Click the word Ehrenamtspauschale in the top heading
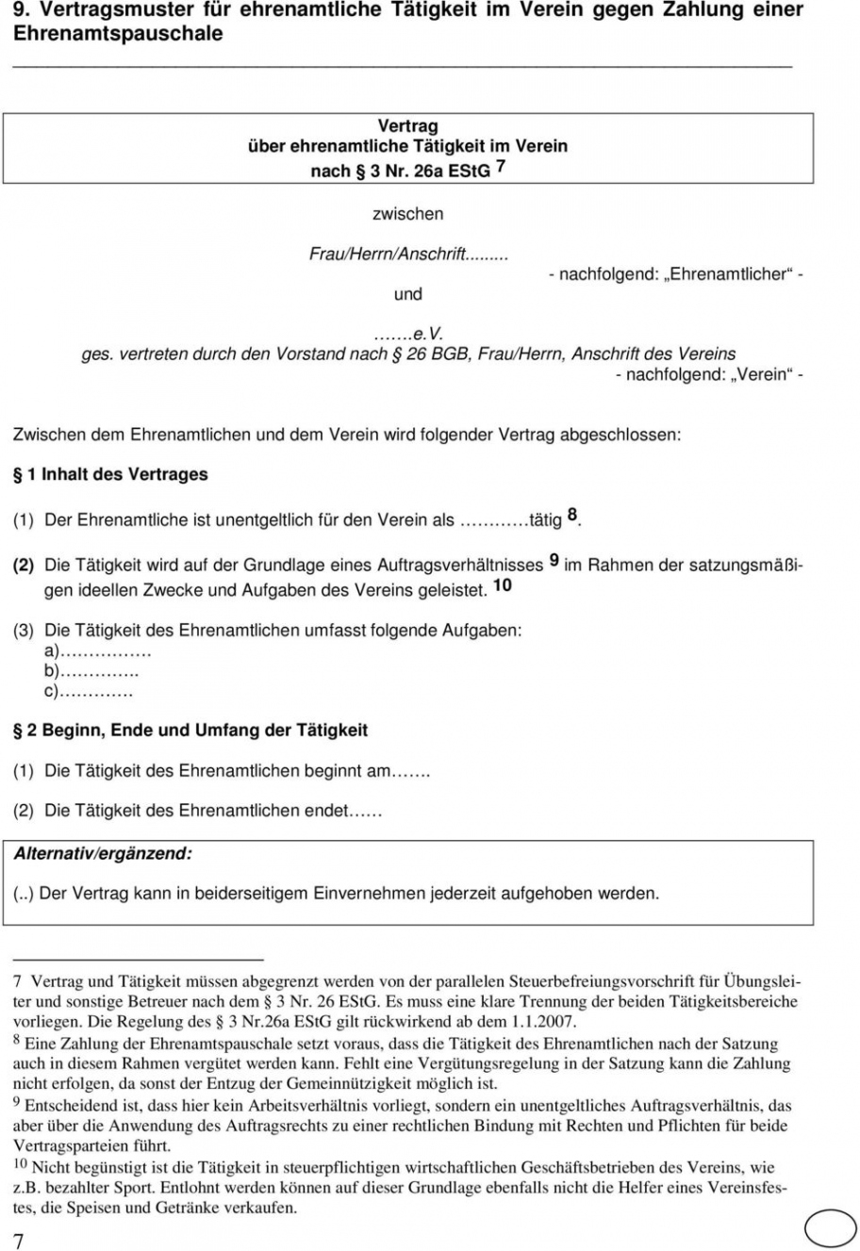click(118, 34)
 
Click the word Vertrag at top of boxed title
click(407, 125)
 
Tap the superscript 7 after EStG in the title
click(501, 167)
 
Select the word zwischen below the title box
click(407, 214)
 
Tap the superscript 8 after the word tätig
click(572, 516)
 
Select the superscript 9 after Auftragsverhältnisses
click(554, 560)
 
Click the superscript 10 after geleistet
click(503, 585)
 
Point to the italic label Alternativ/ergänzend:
click(103, 853)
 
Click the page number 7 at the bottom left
click(19, 1241)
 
